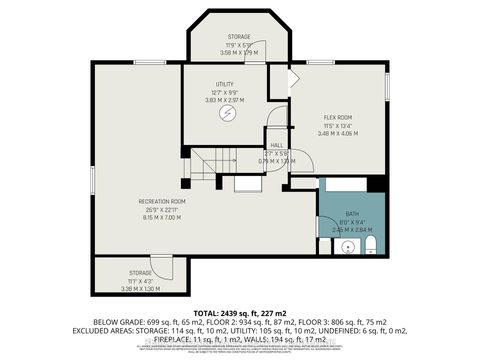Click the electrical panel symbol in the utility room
point(230,112)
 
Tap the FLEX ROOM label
point(336,117)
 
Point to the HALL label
point(277,144)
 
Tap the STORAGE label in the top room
point(239,37)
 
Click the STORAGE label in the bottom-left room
point(140,272)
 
